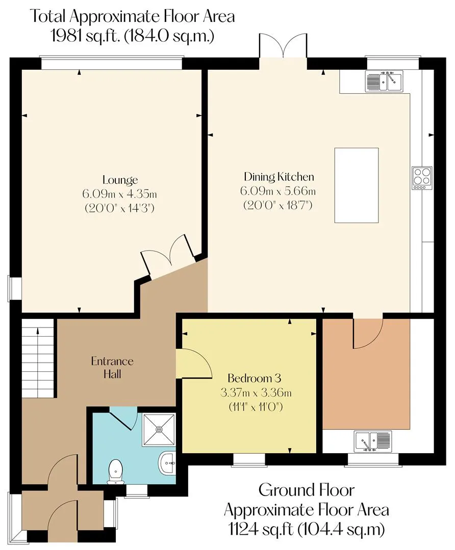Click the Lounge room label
pos(120,180)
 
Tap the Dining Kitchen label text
pos(279,177)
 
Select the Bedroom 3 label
pos(254,378)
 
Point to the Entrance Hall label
pos(112,367)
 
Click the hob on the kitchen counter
pos(422,178)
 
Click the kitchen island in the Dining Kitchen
pos(356,185)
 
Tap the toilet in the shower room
pos(116,471)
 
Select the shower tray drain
pos(160,429)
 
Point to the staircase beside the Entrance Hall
pos(38,358)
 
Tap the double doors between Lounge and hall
pos(168,255)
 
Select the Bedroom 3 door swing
pos(194,363)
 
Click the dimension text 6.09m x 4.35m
pos(119,194)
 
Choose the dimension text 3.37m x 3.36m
pos(256,393)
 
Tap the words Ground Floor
pos(307,490)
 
